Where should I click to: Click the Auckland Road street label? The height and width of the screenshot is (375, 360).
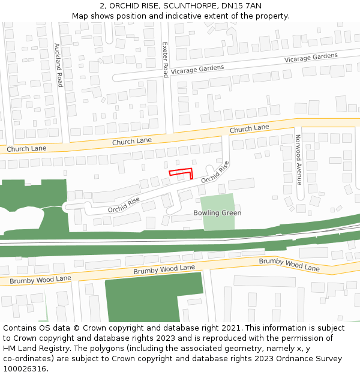click(x=58, y=65)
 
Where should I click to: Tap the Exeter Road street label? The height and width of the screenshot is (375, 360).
click(x=166, y=59)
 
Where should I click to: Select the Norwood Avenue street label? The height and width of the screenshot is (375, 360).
click(x=298, y=159)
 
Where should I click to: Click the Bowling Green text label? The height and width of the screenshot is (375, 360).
click(x=217, y=213)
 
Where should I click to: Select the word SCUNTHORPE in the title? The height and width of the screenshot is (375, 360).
click(x=185, y=6)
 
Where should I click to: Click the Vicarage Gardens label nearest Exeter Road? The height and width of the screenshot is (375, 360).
click(x=197, y=70)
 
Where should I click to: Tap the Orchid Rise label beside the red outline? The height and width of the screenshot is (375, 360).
click(x=215, y=172)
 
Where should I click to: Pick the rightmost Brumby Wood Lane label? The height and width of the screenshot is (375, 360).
click(x=289, y=265)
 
